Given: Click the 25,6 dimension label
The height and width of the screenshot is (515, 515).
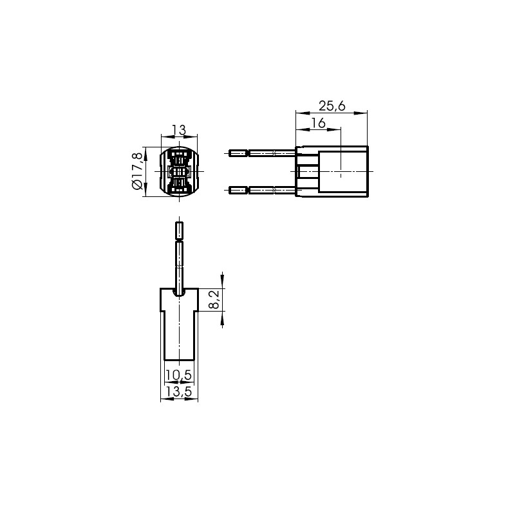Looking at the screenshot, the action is point(332,106).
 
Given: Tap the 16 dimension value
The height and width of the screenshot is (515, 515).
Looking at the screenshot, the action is point(318,123).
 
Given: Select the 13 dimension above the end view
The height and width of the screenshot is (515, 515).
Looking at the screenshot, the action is point(180,131).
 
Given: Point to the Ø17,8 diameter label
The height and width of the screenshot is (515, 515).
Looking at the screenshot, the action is point(137,171).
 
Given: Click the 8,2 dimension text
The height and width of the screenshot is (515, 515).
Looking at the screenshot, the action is point(214,300).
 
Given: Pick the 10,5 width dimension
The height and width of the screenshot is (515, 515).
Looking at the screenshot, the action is point(179,375).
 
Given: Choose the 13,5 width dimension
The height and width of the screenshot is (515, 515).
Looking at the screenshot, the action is point(179,391).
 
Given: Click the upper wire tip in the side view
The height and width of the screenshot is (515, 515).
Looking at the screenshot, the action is point(238,153).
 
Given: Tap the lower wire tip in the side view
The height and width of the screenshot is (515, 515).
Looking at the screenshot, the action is point(238,190).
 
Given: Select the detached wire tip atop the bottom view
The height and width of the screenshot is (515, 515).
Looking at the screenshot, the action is point(180,230).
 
